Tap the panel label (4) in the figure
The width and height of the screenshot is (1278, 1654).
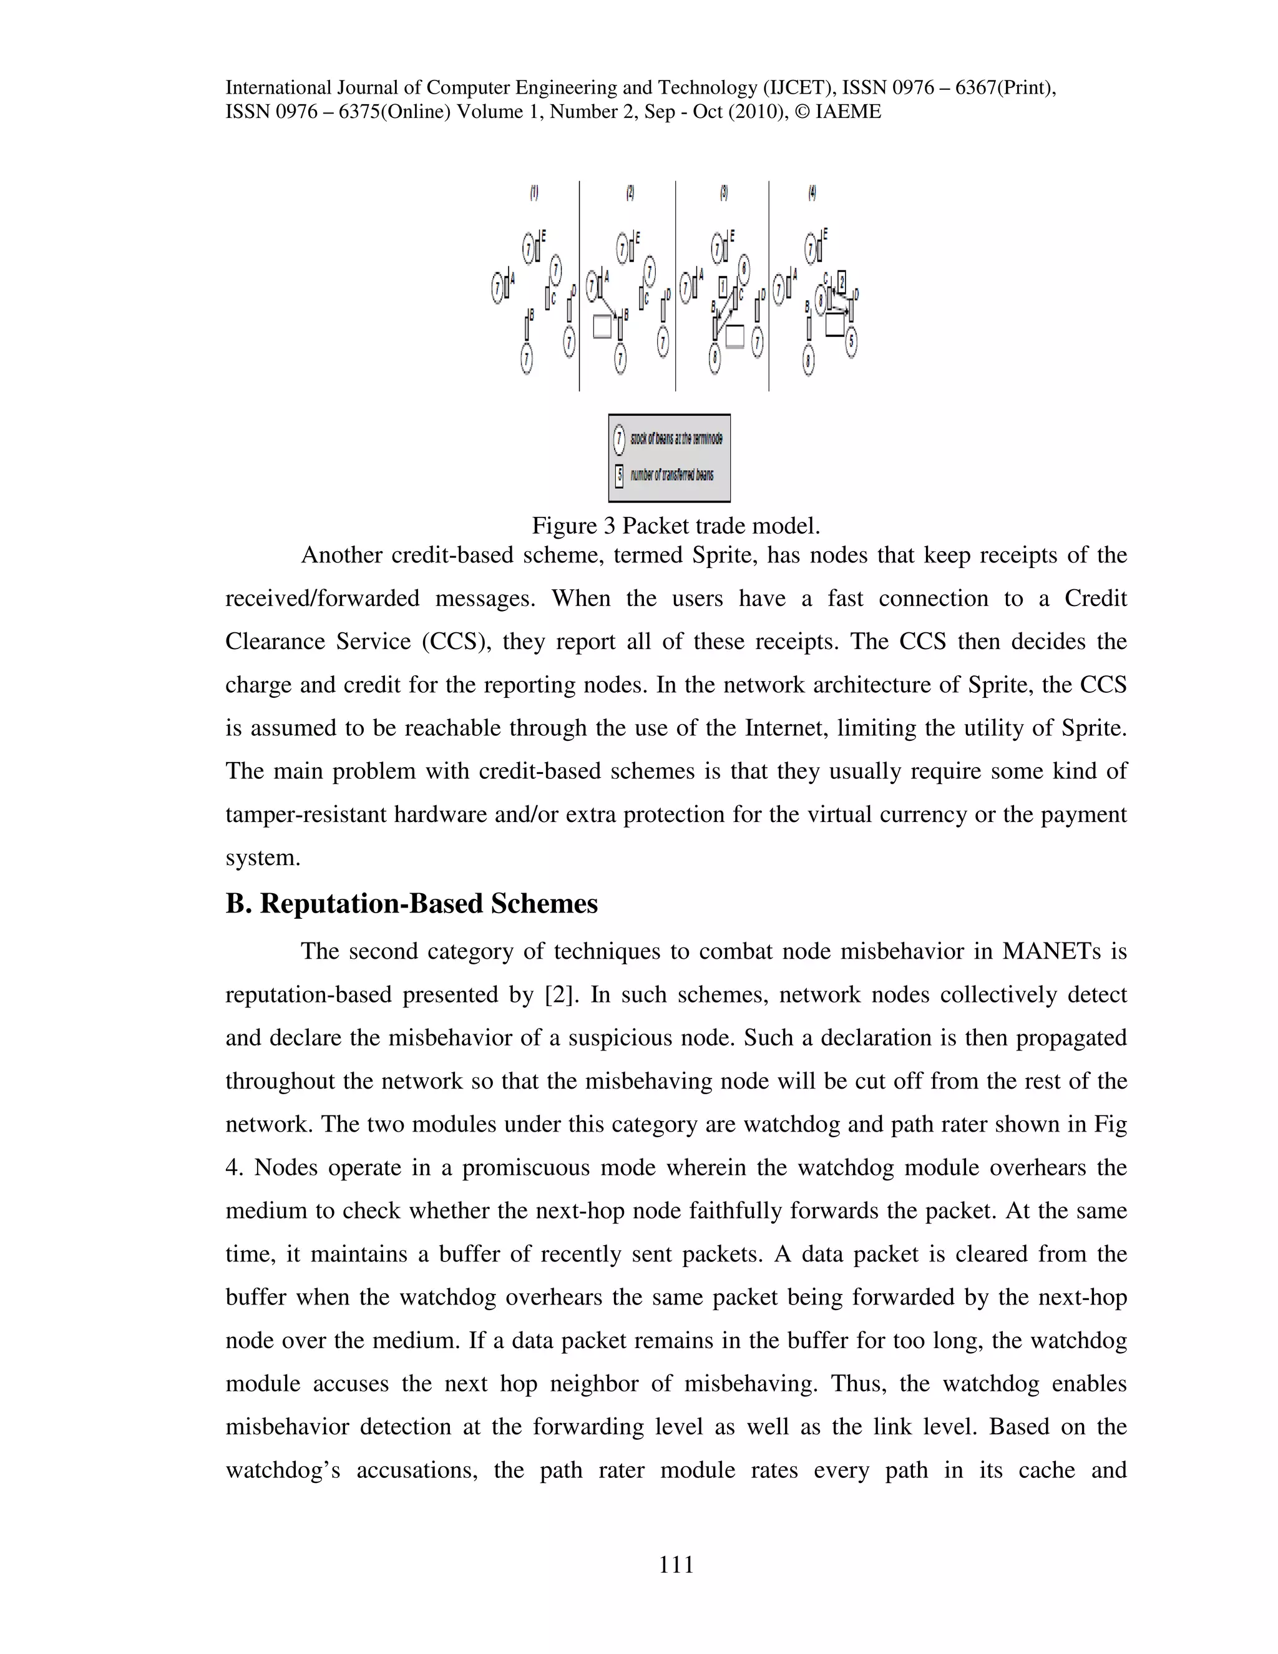(x=812, y=193)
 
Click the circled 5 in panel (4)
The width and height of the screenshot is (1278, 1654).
(x=851, y=341)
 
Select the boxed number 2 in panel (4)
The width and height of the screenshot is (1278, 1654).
(x=841, y=281)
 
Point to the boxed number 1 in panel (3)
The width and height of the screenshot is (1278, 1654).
(x=723, y=287)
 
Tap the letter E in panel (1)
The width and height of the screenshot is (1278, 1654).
(x=543, y=235)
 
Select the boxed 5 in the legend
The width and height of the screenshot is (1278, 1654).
(x=619, y=476)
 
